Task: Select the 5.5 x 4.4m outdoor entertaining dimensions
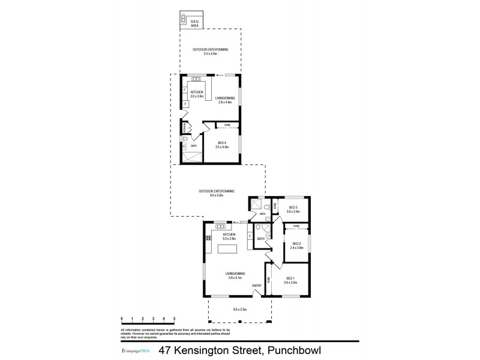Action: point(205,54)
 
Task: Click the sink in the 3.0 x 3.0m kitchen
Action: point(196,79)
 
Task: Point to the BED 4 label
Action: point(221,142)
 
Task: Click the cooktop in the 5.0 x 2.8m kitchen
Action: point(208,238)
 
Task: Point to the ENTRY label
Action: point(256,285)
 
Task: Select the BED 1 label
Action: point(290,278)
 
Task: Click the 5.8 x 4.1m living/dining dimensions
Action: point(227,277)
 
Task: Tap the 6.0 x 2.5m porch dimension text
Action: point(240,310)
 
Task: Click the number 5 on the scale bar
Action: point(174,318)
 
